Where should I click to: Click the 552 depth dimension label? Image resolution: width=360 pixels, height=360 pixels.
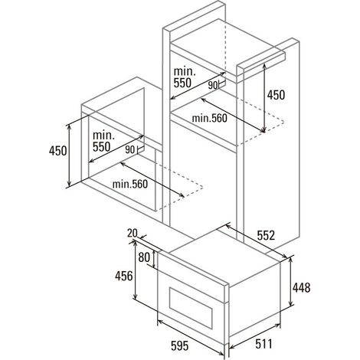tap(266, 235)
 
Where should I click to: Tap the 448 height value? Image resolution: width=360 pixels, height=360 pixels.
tap(301, 288)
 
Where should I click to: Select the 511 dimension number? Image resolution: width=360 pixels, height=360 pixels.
tap(264, 344)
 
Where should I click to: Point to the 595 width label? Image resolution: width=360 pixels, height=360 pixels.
tap(180, 345)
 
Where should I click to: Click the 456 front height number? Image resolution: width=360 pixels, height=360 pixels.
tap(124, 276)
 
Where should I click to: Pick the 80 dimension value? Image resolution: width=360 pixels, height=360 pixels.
tap(144, 257)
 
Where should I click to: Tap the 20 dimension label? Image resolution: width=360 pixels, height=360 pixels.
tap(133, 233)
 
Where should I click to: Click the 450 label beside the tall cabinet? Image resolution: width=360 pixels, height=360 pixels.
tap(276, 95)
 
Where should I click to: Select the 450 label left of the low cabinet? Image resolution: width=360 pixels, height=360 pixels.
tap(58, 151)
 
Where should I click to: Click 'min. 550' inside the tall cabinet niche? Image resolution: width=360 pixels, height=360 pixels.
tap(185, 77)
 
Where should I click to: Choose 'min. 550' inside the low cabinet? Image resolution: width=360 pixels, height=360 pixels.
tap(103, 141)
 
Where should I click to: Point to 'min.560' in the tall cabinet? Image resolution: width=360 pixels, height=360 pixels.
tap(209, 118)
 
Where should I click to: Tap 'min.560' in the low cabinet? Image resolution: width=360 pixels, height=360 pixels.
tap(130, 184)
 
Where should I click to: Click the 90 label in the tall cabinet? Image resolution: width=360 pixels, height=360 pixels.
tap(213, 85)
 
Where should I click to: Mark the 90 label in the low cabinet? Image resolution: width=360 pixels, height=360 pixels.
tap(130, 149)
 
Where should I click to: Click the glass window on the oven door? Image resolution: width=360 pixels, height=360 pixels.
tap(191, 308)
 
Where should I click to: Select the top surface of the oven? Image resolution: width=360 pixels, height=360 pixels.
tap(224, 255)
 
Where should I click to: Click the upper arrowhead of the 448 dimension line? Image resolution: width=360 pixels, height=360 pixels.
tap(290, 259)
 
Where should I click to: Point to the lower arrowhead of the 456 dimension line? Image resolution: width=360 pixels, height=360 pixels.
tap(135, 296)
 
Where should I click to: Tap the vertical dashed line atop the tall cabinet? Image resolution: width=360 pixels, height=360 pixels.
tap(225, 47)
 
